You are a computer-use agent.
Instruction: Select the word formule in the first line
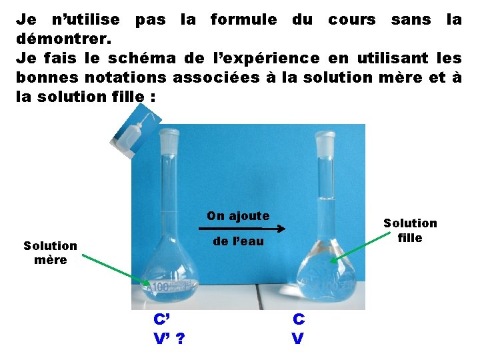(243, 19)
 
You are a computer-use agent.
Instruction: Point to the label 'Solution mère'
(51, 253)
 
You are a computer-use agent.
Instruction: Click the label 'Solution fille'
(410, 230)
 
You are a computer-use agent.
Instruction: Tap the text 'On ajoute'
(238, 215)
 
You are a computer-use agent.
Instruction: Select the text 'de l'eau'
(238, 241)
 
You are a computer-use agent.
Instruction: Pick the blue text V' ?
(169, 339)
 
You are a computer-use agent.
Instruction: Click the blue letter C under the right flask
(299, 319)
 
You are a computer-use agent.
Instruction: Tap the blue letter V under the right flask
(298, 339)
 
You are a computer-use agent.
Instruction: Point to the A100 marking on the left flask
(159, 287)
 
